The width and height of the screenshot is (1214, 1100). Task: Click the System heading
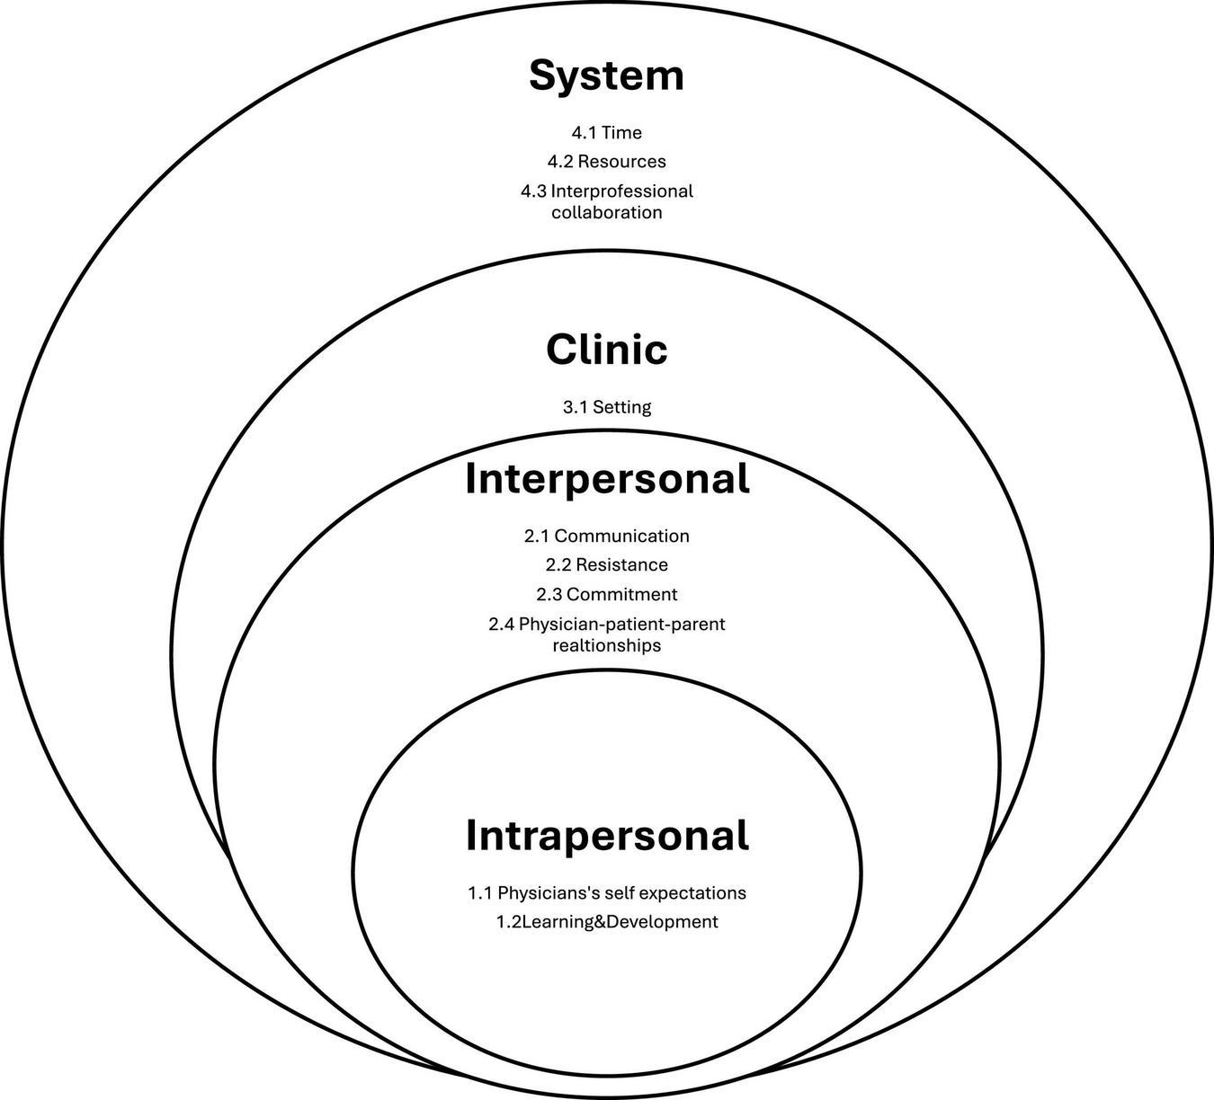(x=606, y=76)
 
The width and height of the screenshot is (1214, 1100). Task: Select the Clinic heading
(x=606, y=350)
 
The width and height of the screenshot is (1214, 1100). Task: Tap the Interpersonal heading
(x=607, y=479)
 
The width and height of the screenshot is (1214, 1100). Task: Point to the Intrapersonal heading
(x=607, y=836)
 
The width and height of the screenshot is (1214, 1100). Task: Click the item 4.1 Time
(x=607, y=133)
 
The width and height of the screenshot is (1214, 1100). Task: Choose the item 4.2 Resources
(x=607, y=162)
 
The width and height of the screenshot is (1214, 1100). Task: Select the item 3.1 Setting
(x=607, y=407)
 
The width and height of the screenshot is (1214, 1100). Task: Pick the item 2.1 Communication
(x=607, y=537)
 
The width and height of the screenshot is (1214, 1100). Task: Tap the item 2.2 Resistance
(x=607, y=565)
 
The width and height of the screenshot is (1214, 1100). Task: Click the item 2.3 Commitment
(x=607, y=595)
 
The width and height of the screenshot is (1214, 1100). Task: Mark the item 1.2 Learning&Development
(x=607, y=922)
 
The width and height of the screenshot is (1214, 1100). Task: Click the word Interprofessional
(x=621, y=191)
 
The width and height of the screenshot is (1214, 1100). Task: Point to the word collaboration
(x=607, y=213)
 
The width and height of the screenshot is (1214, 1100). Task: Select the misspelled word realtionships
(x=607, y=646)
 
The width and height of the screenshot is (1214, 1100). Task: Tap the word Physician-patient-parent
(x=621, y=624)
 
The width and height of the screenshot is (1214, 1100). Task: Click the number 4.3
(x=533, y=191)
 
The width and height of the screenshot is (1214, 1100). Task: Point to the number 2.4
(x=502, y=624)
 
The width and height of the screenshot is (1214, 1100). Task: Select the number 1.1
(x=480, y=893)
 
